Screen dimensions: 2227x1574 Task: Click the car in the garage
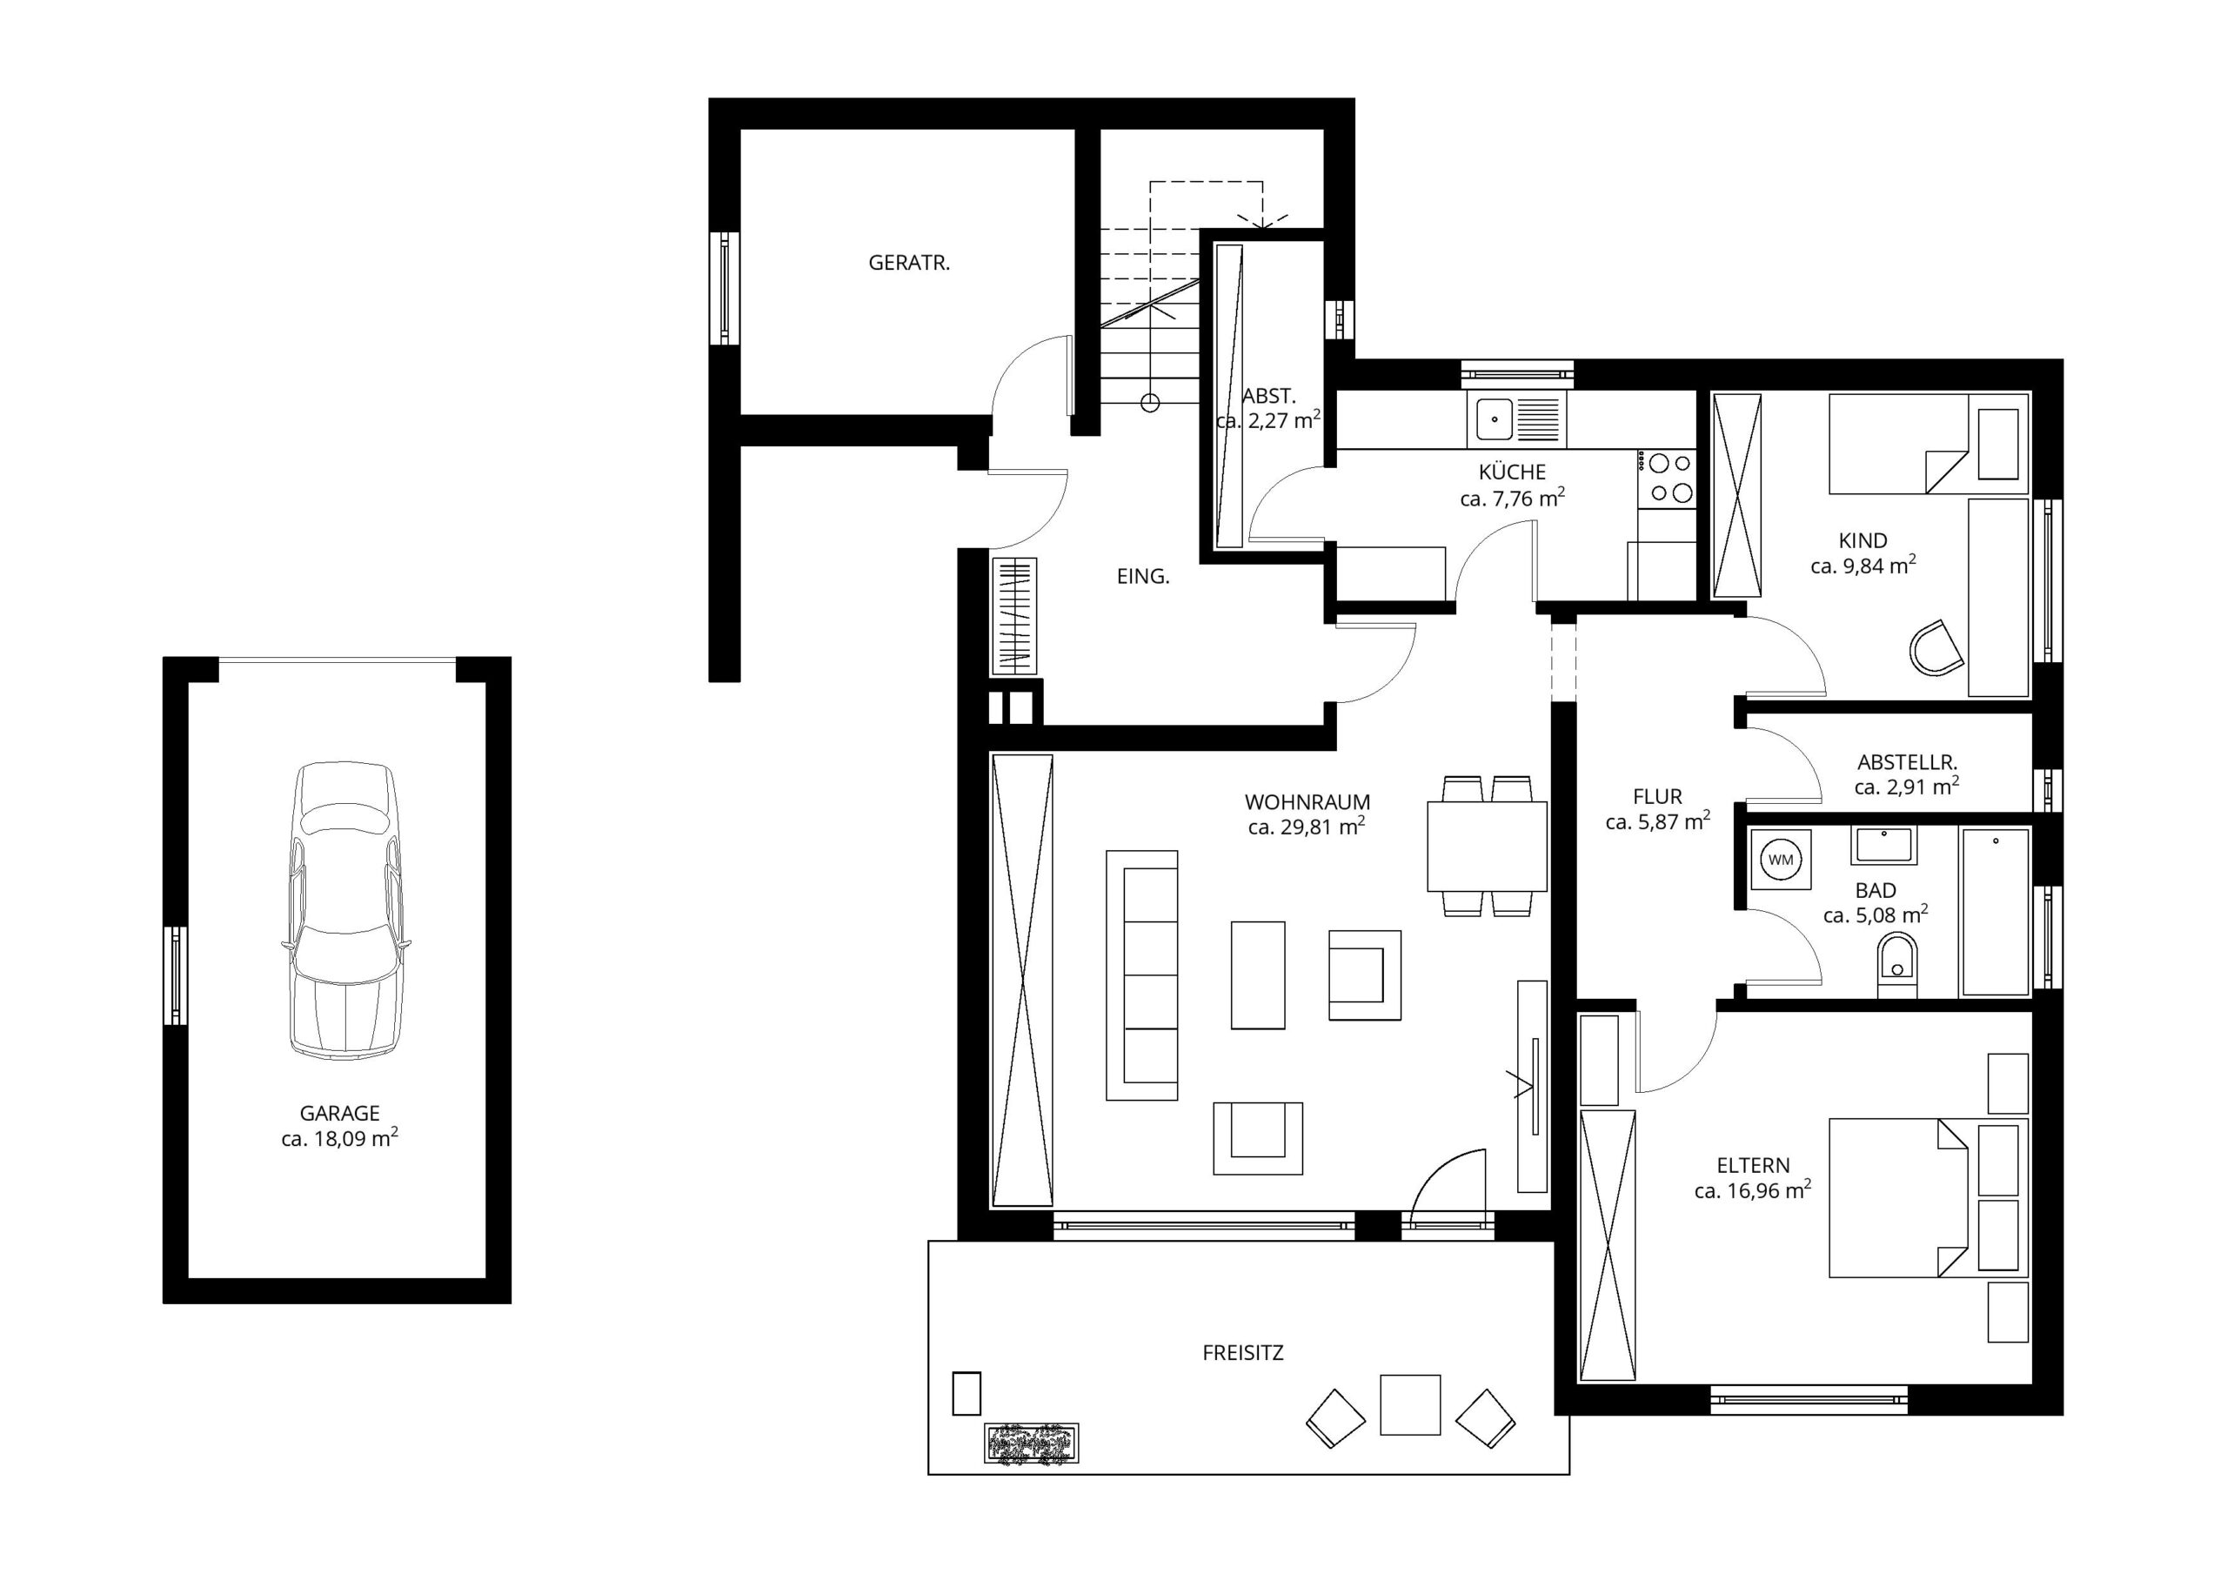pos(344,909)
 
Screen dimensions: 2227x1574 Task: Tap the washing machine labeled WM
pos(1781,860)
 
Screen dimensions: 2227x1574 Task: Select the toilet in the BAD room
pos(1897,963)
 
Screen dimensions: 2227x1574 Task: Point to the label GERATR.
pos(909,262)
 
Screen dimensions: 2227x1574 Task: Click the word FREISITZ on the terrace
pos(1242,1352)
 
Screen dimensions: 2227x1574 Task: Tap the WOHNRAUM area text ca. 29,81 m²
pos(1307,827)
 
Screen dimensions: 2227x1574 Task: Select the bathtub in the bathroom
pos(1994,912)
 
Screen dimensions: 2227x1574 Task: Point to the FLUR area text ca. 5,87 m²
pos(1658,822)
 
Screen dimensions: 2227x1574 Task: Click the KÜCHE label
pos(1512,472)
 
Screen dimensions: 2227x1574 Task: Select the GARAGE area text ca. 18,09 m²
pos(339,1138)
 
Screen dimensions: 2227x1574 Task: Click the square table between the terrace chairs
pos(1409,1404)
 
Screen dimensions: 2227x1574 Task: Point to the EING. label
pos(1144,576)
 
